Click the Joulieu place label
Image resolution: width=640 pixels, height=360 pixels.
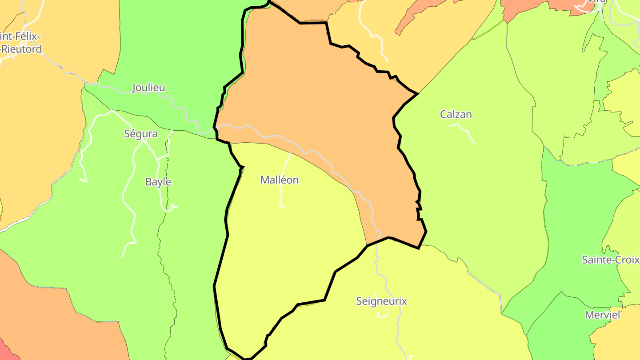click(x=148, y=88)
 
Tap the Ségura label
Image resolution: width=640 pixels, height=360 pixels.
click(x=140, y=134)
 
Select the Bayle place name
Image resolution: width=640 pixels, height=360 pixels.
click(x=158, y=182)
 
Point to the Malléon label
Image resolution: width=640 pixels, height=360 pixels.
click(x=279, y=180)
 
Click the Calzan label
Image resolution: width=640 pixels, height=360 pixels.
click(x=456, y=114)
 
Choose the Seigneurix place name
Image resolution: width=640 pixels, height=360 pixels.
click(x=381, y=301)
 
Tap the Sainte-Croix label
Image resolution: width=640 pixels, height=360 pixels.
click(x=611, y=260)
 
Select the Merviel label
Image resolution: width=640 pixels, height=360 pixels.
click(x=602, y=315)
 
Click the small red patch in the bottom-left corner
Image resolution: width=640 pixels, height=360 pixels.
click(x=7, y=351)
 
